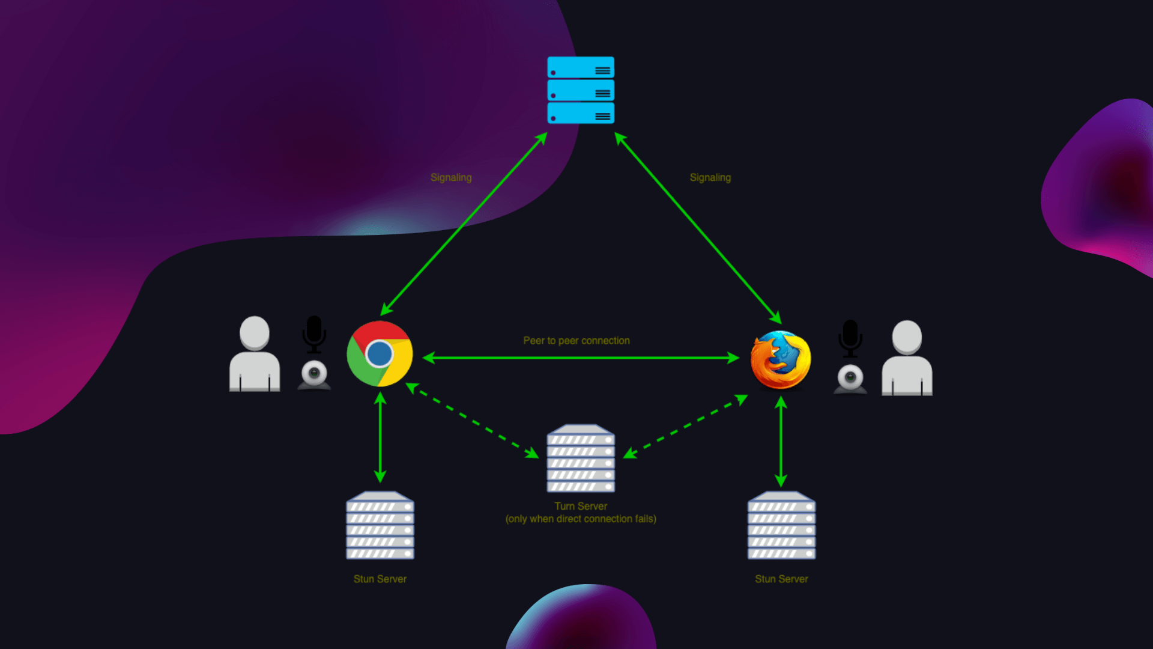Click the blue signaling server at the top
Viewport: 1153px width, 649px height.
(x=581, y=90)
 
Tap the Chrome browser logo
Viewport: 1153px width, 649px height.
(x=380, y=354)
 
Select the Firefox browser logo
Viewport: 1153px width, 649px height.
(x=781, y=359)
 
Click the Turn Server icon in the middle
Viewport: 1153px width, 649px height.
(x=581, y=459)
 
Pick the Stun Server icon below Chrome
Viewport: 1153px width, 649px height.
(x=380, y=526)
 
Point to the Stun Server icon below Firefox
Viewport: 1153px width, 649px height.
(x=781, y=526)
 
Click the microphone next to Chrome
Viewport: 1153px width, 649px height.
(x=314, y=334)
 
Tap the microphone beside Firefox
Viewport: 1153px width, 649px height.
(x=850, y=338)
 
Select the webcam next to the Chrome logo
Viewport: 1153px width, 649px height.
(x=314, y=376)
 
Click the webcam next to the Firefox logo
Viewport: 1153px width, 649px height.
(x=850, y=379)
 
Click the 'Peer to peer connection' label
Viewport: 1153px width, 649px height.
(x=576, y=341)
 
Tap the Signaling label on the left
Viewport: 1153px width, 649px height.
(x=451, y=177)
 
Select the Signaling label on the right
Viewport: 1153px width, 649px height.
(x=710, y=177)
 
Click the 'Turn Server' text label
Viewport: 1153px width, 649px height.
(x=581, y=506)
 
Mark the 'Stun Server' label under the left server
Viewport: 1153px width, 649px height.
(x=380, y=579)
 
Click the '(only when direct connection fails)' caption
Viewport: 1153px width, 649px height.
(x=581, y=519)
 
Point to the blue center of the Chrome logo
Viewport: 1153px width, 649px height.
(x=380, y=354)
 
